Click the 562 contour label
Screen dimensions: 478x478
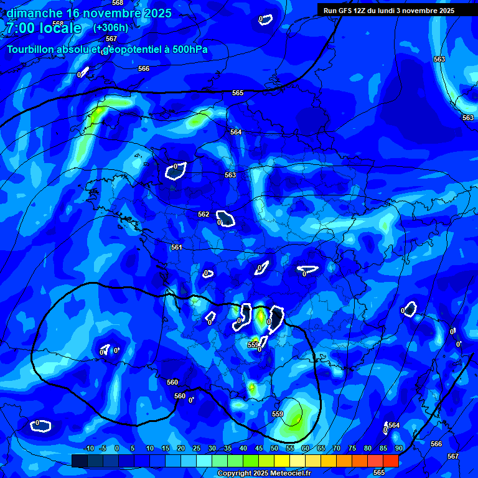204,214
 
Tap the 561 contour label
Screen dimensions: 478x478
177,247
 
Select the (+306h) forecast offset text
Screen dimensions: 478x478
111,27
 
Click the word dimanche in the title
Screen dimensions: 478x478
35,13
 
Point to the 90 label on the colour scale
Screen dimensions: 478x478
398,448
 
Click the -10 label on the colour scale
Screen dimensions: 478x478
88,448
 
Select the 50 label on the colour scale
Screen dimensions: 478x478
274,448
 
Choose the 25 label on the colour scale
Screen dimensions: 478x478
197,448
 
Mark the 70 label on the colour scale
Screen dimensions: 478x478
337,448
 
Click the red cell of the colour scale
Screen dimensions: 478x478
390,461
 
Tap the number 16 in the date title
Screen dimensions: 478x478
73,13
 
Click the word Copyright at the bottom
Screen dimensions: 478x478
234,474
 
